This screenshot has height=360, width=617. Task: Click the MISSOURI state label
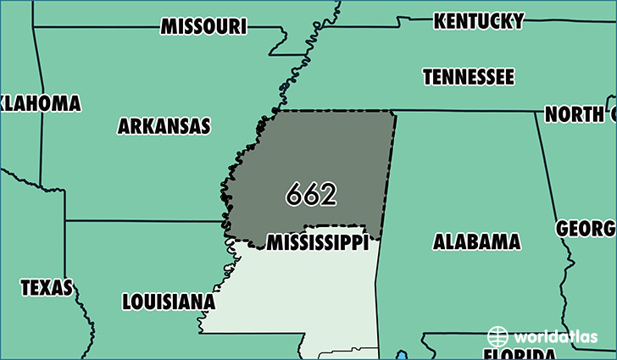click(203, 26)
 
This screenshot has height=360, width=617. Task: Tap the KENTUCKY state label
click(478, 20)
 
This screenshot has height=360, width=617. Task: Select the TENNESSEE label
click(468, 77)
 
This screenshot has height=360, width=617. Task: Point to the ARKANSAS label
click(164, 127)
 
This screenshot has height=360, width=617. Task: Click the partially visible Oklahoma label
click(40, 103)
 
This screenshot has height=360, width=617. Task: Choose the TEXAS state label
click(47, 288)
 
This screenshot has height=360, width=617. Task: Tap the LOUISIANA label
click(168, 302)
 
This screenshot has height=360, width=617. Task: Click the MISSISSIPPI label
click(317, 243)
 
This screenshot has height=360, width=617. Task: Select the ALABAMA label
click(476, 242)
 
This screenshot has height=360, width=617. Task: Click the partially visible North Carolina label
click(579, 114)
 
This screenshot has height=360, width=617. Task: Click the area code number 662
click(311, 195)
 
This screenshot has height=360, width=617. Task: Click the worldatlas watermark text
click(555, 335)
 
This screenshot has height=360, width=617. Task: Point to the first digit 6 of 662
click(294, 195)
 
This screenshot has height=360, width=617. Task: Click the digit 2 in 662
click(328, 195)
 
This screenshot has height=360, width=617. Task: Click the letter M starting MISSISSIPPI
click(275, 244)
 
